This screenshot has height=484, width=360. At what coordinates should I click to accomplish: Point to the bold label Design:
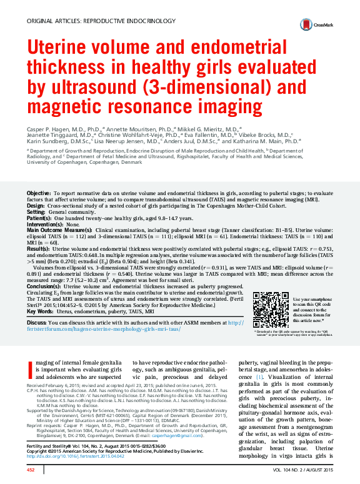coord(35,206)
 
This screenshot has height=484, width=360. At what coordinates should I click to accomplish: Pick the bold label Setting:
coord(36,211)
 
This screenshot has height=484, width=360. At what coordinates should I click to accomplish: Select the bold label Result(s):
coord(39,248)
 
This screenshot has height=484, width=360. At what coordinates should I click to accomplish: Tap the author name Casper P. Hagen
coord(47,126)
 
